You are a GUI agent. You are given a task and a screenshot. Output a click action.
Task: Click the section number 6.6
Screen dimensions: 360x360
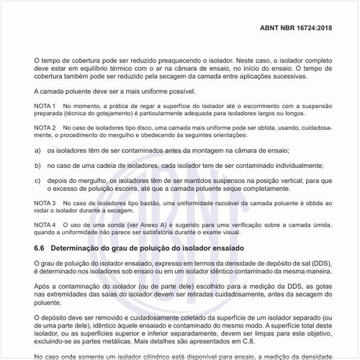(40, 248)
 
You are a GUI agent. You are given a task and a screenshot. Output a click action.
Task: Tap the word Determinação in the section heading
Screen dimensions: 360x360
(81, 248)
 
